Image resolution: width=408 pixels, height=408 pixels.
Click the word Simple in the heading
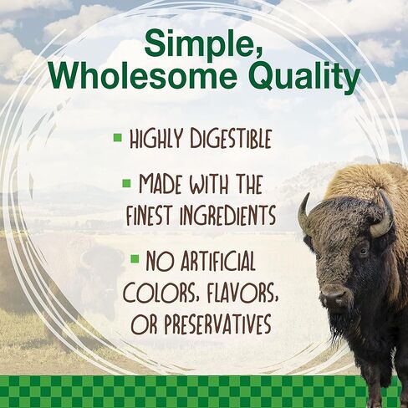[204, 43]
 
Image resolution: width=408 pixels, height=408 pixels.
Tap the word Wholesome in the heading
[120, 80]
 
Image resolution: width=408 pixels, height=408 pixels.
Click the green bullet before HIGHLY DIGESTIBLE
[118, 135]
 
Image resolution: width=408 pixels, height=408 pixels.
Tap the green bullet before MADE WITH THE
[126, 182]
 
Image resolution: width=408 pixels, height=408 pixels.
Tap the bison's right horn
[382, 219]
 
